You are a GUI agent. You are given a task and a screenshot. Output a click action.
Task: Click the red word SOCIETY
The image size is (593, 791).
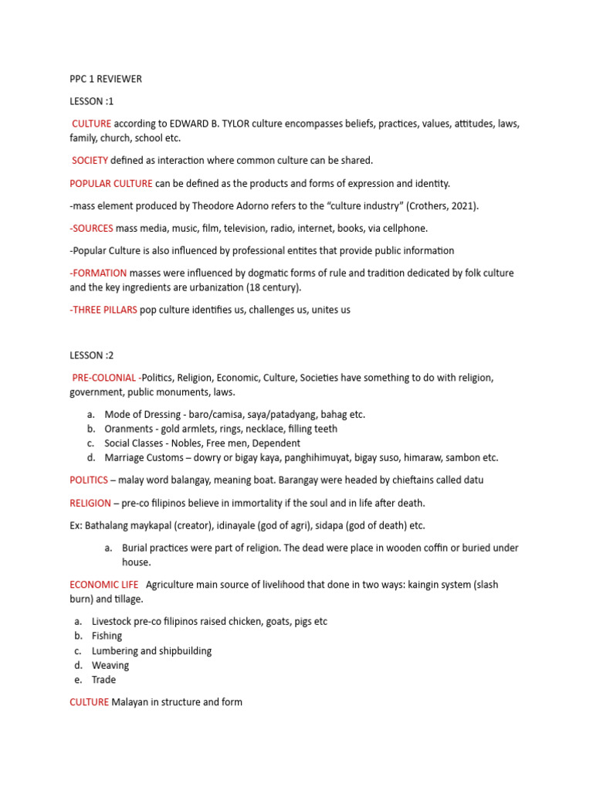90,161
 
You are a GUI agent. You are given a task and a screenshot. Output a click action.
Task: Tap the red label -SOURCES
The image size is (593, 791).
91,228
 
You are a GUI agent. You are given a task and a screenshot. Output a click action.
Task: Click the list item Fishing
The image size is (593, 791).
107,636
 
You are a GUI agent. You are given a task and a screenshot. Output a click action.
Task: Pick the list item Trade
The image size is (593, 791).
103,680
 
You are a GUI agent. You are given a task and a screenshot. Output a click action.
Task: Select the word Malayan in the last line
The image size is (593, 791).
131,702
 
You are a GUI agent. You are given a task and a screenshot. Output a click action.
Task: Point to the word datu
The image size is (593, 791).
473,480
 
